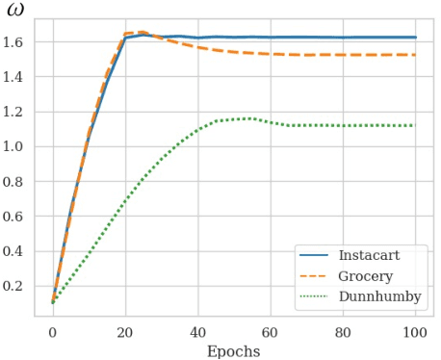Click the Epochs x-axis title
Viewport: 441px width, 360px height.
click(233, 351)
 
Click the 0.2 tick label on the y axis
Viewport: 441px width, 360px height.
click(21, 286)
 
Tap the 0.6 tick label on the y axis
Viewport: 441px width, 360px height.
click(21, 216)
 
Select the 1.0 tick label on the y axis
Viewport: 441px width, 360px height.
click(21, 146)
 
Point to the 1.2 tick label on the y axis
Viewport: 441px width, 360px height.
click(21, 112)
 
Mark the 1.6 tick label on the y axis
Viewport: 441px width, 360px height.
click(21, 41)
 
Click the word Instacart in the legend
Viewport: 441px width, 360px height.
click(370, 255)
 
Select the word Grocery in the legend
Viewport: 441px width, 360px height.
click(365, 275)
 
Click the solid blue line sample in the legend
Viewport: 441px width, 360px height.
click(315, 255)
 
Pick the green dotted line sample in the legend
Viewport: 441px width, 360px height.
click(315, 296)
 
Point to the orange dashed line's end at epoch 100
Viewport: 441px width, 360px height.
click(414, 55)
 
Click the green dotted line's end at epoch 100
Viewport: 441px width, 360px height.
click(414, 125)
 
